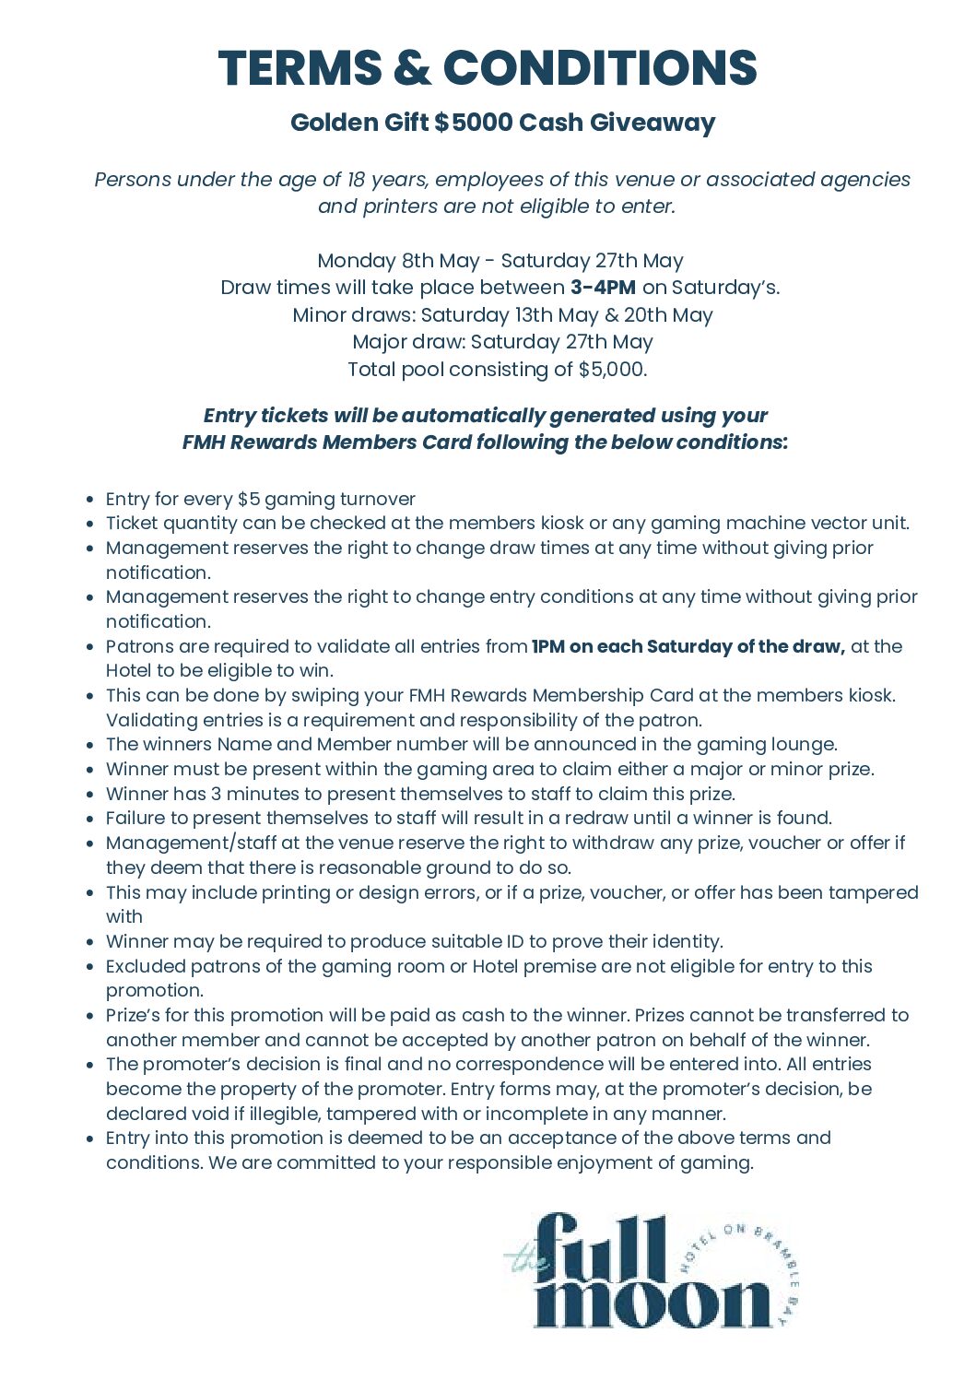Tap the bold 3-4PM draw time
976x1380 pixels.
click(603, 288)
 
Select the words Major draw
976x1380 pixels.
click(408, 342)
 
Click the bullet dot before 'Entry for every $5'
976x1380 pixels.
click(89, 500)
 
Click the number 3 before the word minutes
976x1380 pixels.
click(216, 794)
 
